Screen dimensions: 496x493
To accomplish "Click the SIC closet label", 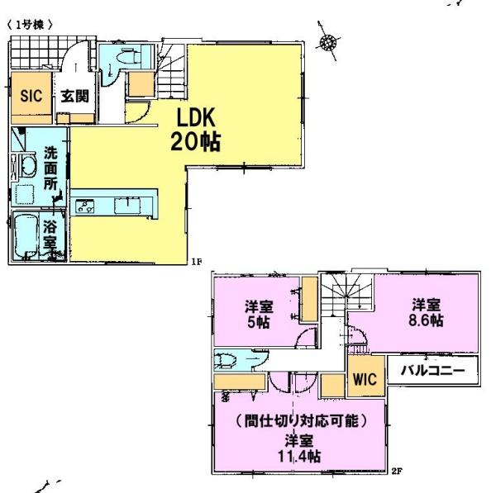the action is (x=31, y=96).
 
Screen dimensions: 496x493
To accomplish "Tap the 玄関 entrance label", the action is (x=74, y=96).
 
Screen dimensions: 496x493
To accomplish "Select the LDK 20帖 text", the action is (x=195, y=130).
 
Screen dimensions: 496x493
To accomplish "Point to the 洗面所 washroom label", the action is (x=50, y=168).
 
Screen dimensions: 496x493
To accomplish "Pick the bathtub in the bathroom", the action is (x=26, y=235).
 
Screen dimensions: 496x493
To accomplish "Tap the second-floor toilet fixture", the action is (x=225, y=360).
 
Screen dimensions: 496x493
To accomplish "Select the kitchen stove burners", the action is (x=85, y=206).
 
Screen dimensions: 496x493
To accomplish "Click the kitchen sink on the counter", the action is (x=127, y=205).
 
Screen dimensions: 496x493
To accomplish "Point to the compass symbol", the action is (x=327, y=41).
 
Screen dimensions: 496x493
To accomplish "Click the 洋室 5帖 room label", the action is (x=259, y=315).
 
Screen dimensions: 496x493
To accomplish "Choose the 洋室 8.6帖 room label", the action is (x=426, y=313).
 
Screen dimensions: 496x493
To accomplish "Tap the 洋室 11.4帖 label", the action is (x=299, y=448).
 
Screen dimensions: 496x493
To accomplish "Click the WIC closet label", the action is (x=365, y=379).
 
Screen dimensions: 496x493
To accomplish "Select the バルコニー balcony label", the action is (x=433, y=370).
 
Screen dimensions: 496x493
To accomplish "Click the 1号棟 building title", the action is (x=30, y=25).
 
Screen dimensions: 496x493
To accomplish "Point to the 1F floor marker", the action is (x=196, y=261).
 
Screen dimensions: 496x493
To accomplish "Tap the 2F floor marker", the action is (x=397, y=472).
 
